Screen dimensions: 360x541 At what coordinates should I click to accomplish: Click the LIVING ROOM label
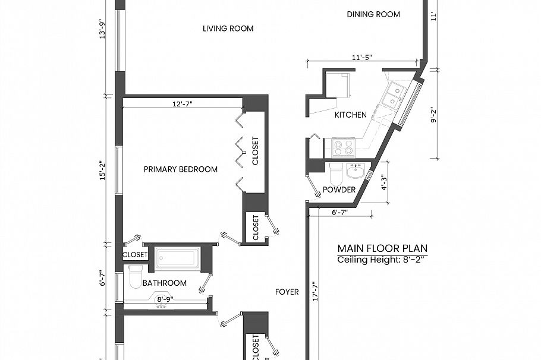pos(228,29)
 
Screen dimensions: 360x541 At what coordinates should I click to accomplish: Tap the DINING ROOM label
pos(373,14)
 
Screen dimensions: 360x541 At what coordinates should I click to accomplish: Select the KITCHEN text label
pos(350,115)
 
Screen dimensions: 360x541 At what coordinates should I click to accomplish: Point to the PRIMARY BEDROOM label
pos(181,169)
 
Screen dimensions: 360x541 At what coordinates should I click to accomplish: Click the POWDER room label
pos(339,190)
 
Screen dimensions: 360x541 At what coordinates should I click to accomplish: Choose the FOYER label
pos(287,292)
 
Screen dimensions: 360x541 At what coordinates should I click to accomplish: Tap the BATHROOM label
pos(165,283)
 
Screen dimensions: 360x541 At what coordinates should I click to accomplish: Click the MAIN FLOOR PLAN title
pos(382,248)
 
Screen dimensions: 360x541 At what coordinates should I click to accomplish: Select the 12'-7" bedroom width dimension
pos(182,103)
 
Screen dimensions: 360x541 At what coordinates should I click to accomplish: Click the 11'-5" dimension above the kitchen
pos(363,58)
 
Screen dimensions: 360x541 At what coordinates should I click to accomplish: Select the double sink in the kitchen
pos(392,95)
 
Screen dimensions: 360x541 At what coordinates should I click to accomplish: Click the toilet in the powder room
pos(335,173)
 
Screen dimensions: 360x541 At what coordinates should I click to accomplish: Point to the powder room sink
pos(356,172)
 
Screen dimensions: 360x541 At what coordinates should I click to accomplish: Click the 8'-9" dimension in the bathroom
pos(162,301)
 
